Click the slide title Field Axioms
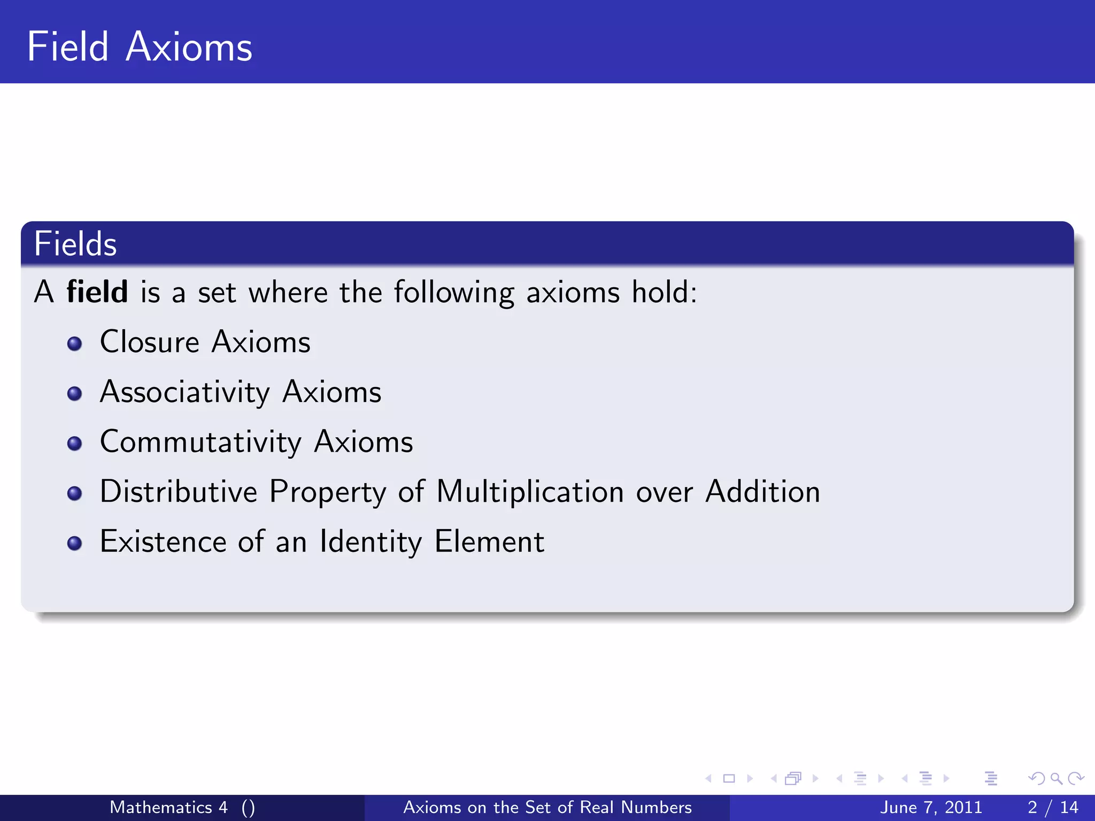(x=140, y=47)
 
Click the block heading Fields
(x=75, y=244)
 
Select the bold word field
(x=97, y=292)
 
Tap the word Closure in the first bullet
(x=150, y=342)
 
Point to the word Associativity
(x=185, y=392)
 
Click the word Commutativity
(x=201, y=442)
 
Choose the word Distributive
(x=179, y=492)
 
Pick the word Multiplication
(x=530, y=492)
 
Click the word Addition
(x=762, y=492)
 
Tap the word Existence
(x=163, y=541)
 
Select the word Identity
(x=371, y=541)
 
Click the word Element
(x=489, y=541)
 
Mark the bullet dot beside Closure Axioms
(x=75, y=344)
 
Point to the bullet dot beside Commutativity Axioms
(x=75, y=444)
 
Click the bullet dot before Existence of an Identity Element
(x=75, y=544)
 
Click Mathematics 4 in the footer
(x=168, y=807)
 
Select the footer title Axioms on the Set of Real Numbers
(x=547, y=807)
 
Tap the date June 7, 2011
(x=931, y=807)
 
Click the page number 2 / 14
(x=1052, y=807)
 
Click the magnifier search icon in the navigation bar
(x=1056, y=779)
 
